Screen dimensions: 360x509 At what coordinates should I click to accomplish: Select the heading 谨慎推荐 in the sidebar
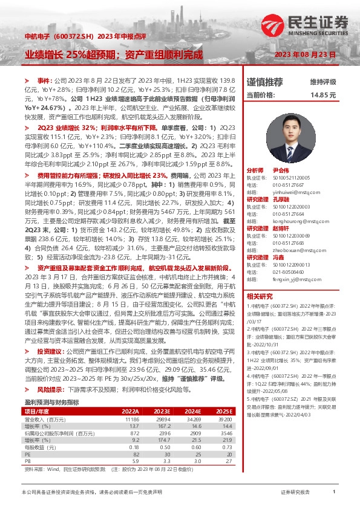tap(265, 82)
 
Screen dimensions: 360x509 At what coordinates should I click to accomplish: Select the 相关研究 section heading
tap(260, 296)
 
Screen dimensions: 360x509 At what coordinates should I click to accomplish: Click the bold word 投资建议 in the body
tap(52, 351)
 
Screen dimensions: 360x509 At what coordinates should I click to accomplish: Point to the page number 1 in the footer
tap(333, 493)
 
